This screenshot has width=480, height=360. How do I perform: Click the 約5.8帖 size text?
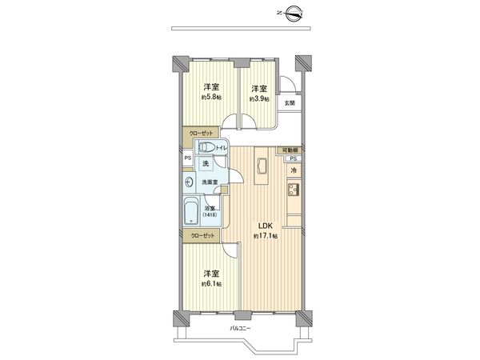212,98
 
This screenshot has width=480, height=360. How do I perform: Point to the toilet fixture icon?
206,148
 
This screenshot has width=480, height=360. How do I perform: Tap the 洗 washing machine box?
206,164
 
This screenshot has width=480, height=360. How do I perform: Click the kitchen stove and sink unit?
293,191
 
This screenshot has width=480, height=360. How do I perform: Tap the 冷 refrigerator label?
294,170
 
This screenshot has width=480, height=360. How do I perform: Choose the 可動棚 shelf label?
290,150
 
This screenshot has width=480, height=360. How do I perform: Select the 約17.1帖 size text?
265,237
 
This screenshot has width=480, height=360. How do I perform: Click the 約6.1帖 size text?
212,283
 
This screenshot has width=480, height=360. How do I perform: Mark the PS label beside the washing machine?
187,158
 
